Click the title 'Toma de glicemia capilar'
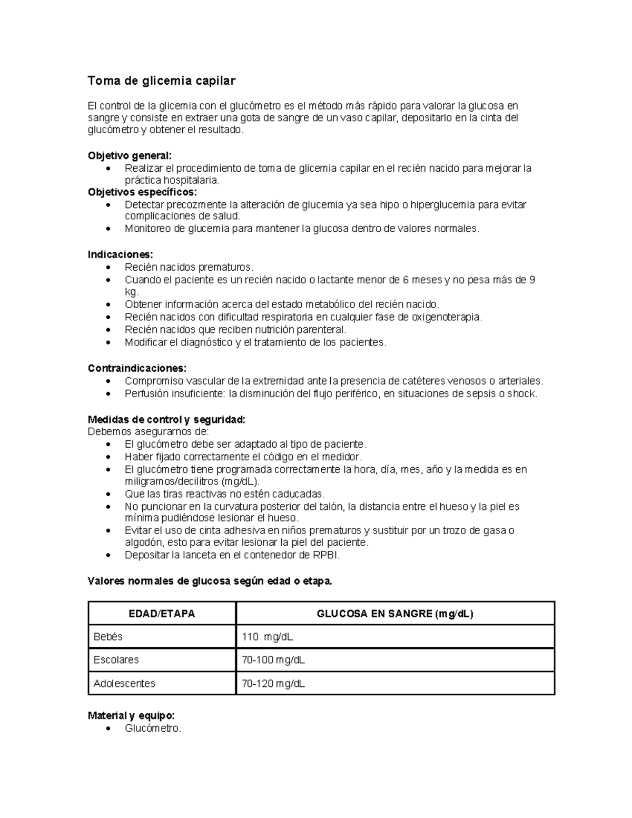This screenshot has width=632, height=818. click(x=161, y=81)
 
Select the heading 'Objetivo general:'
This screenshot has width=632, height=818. click(x=130, y=156)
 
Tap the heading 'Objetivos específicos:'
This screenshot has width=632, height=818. click(x=142, y=192)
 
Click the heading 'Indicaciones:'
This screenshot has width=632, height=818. click(x=121, y=254)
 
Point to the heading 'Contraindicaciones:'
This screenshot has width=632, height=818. click(x=137, y=368)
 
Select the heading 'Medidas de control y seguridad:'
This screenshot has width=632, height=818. click(x=166, y=420)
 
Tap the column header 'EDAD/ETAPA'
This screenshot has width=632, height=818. click(x=162, y=614)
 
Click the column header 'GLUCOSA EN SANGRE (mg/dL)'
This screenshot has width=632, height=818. click(x=394, y=614)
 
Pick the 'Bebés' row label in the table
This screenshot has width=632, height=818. click(x=108, y=637)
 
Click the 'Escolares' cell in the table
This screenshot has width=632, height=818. click(x=116, y=660)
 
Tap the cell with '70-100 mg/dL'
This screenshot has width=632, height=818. click(x=273, y=660)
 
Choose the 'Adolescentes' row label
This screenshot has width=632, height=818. click(x=124, y=684)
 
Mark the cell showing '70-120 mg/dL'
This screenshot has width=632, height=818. click(x=273, y=684)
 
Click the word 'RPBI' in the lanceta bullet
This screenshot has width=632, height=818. click(x=326, y=555)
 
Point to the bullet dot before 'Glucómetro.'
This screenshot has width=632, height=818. click(x=108, y=729)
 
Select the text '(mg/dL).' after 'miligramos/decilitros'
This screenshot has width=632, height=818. click(x=241, y=481)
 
